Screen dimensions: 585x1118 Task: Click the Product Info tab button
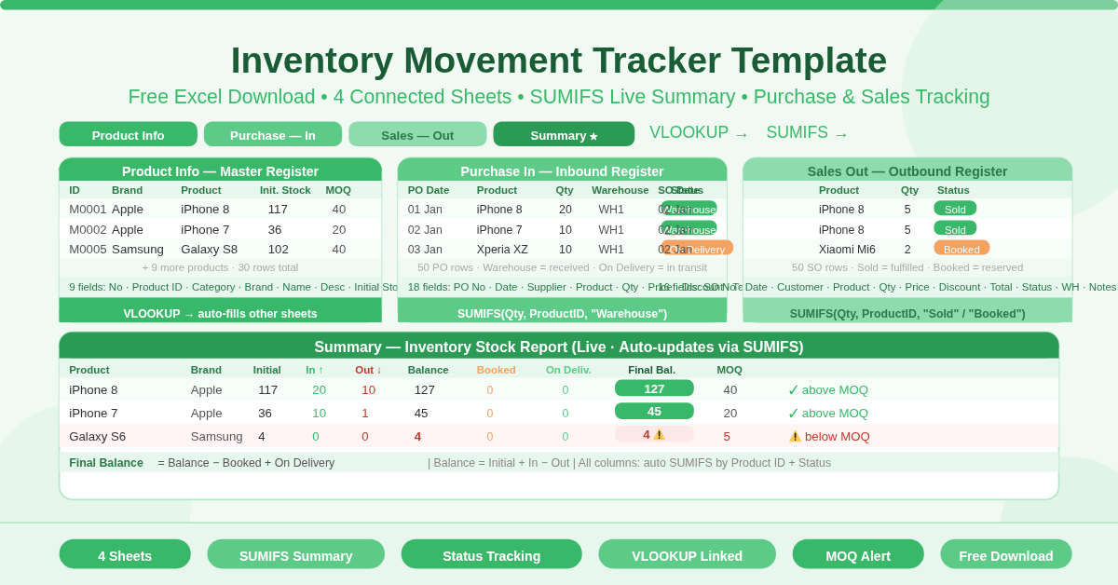[128, 135]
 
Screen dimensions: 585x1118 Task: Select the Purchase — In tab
[272, 135]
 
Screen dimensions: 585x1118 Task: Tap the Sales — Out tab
[417, 135]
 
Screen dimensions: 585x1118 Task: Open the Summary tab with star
[564, 135]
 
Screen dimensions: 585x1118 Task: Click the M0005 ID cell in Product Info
[88, 250]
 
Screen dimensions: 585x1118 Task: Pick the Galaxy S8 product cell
[209, 250]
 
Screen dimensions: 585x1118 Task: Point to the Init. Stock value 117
[278, 210]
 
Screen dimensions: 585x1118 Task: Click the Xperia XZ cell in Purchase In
[502, 250]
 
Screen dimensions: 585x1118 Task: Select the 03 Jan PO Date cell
[425, 250]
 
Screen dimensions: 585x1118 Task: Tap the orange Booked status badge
[961, 249]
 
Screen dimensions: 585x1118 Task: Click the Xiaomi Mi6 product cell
[847, 250]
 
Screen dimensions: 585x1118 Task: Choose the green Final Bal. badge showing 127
[654, 388]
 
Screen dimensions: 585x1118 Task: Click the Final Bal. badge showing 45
[654, 412]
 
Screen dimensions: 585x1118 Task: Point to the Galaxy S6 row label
[97, 437]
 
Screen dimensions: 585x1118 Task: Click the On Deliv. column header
[568, 370]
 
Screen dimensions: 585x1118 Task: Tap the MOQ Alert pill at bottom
[857, 555]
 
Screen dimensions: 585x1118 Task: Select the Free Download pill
[1005, 555]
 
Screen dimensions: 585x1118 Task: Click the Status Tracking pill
[491, 555]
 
